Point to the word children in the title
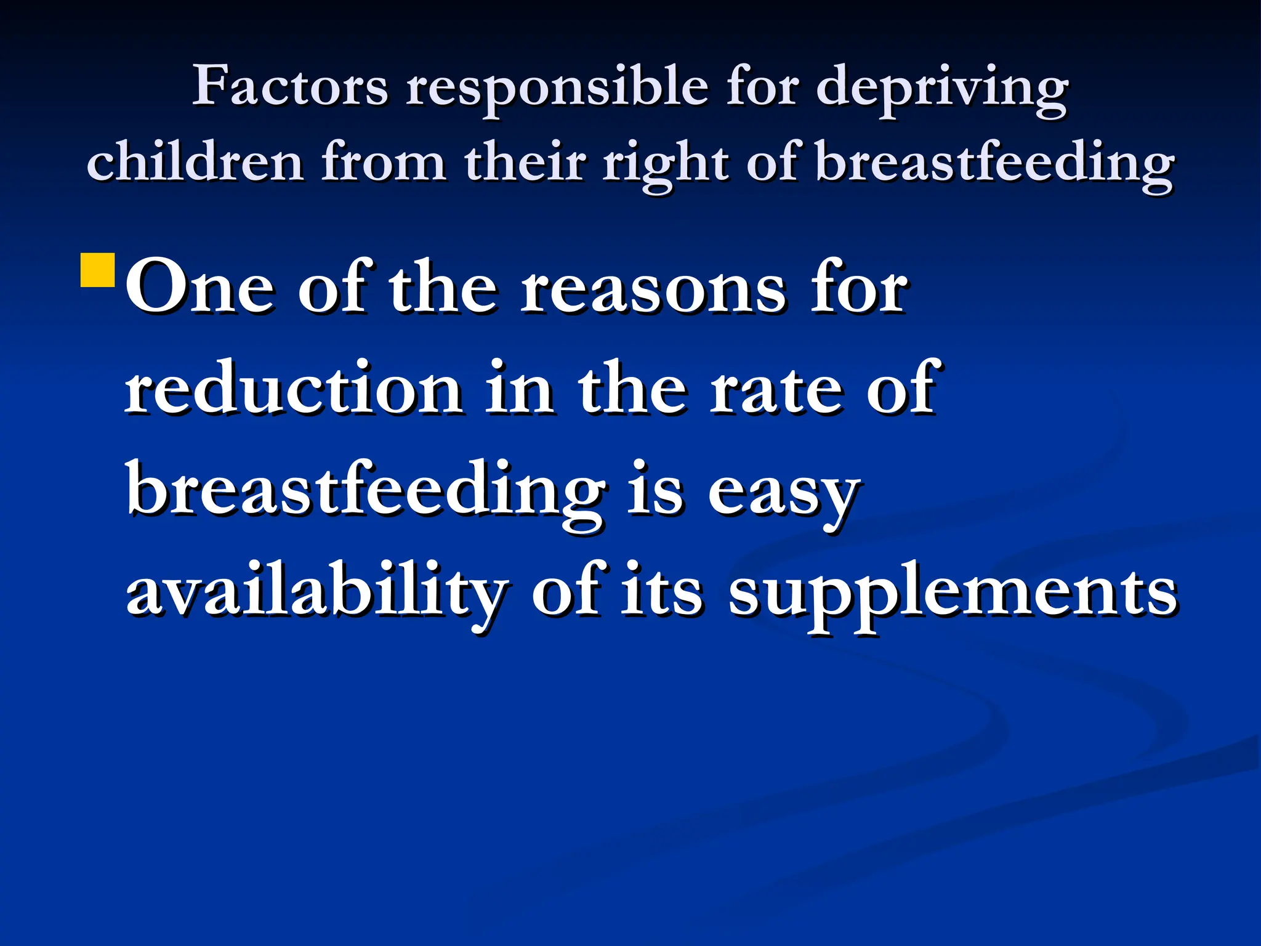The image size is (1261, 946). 195,161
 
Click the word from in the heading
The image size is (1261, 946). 384,161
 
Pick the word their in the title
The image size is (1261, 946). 525,161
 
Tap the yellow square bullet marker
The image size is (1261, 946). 98,270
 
